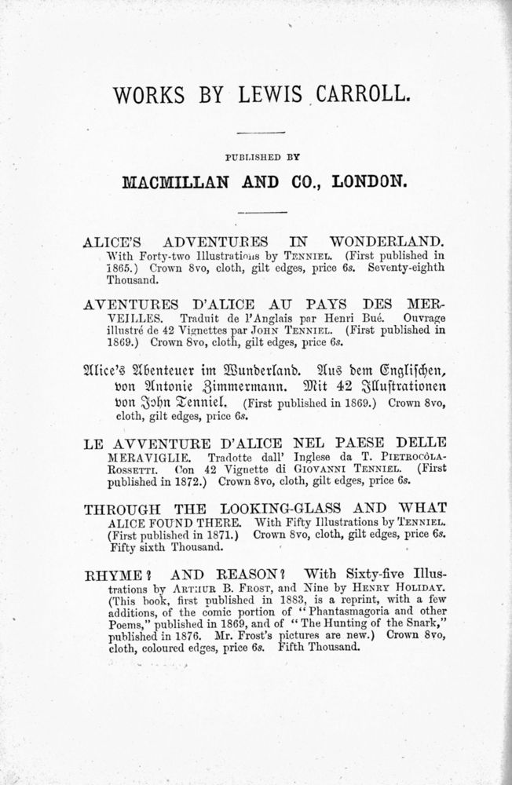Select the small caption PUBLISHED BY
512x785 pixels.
(x=256, y=156)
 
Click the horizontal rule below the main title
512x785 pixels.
(x=256, y=133)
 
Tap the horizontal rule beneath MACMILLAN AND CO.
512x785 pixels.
(x=256, y=212)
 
